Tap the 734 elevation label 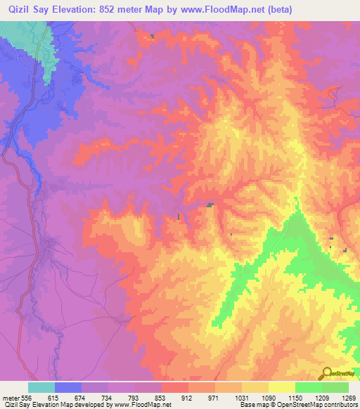coord(108,398)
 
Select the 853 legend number coord(161,398)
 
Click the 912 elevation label coord(188,398)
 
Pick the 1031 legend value coord(241,398)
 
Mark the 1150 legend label coord(295,398)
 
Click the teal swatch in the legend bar coord(41,387)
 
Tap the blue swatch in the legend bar coord(67,387)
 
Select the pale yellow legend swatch coord(281,387)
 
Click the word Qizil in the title coord(22,9)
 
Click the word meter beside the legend coord(11,398)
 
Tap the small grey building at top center coord(152,36)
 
